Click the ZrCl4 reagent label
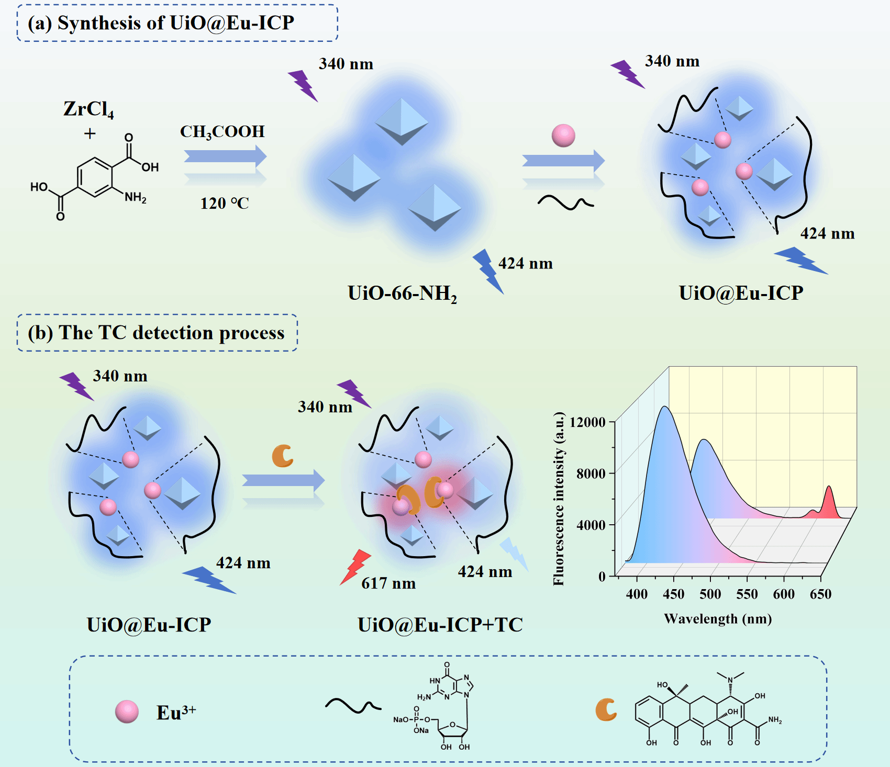click(x=88, y=109)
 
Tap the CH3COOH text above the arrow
click(x=222, y=132)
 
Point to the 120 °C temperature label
click(x=225, y=203)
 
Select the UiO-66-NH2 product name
click(x=402, y=294)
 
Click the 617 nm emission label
click(x=388, y=583)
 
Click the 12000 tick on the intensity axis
click(x=587, y=422)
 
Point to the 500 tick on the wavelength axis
click(x=710, y=594)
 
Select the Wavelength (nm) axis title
click(x=718, y=619)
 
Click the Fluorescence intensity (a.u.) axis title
click(x=559, y=499)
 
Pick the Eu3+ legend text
click(x=176, y=712)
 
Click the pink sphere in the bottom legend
click(x=127, y=712)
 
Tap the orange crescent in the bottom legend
click(x=606, y=710)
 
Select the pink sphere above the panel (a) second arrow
click(x=563, y=136)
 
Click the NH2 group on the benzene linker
click(x=136, y=197)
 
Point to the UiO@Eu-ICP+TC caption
click(x=440, y=625)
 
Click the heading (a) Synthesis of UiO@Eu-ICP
click(x=161, y=23)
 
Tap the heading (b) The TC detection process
click(x=156, y=333)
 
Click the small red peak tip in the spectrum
click(x=829, y=487)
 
